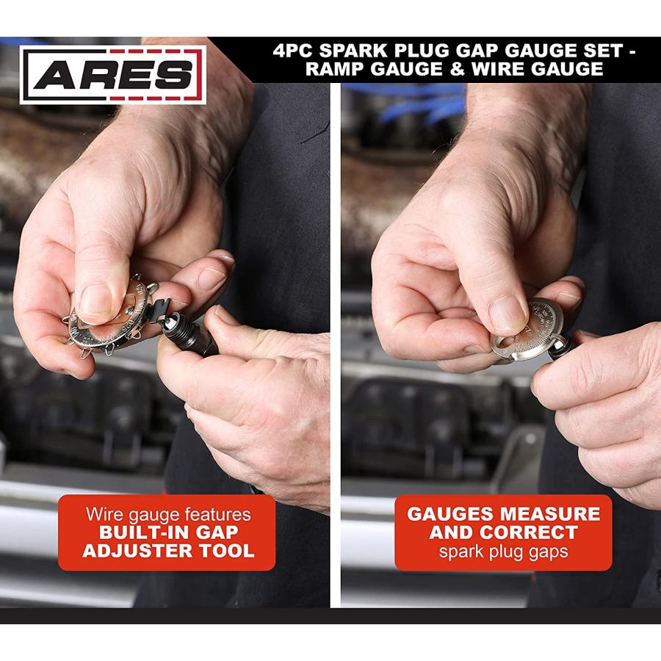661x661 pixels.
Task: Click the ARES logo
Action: pyautogui.click(x=112, y=74)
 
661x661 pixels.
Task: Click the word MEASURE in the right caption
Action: pyautogui.click(x=553, y=514)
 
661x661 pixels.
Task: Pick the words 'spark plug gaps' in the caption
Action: pyautogui.click(x=504, y=551)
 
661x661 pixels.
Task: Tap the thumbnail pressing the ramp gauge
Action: pyautogui.click(x=506, y=313)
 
